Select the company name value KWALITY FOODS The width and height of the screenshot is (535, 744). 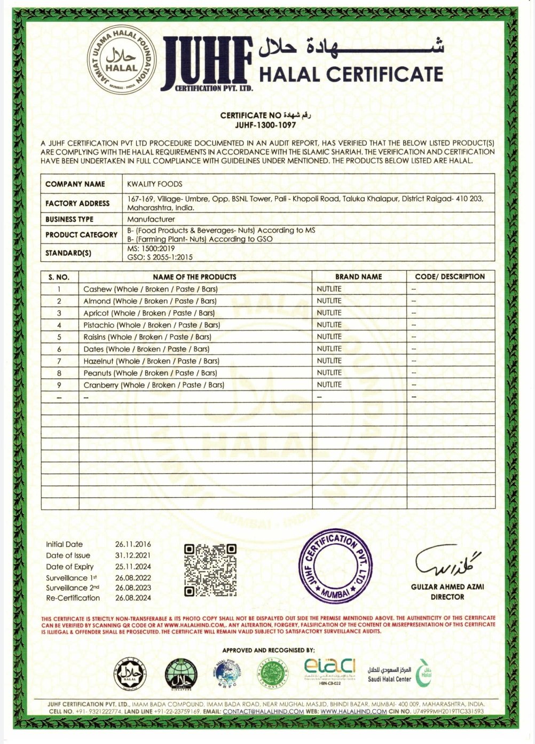(x=154, y=184)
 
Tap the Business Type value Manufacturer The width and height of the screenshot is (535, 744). (x=151, y=219)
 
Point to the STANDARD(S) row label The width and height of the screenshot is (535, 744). (x=68, y=253)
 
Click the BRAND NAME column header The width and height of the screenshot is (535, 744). (x=358, y=277)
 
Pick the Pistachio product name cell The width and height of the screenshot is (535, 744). (x=152, y=325)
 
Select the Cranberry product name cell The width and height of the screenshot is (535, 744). (x=154, y=385)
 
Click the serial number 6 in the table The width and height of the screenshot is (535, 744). (x=59, y=349)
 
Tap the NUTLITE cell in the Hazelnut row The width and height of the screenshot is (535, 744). (x=329, y=361)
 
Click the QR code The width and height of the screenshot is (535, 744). (x=210, y=570)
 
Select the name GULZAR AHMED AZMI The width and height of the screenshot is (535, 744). (x=447, y=586)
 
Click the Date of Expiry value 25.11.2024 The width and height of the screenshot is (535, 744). (x=133, y=567)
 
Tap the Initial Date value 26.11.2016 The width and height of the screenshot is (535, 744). (x=133, y=544)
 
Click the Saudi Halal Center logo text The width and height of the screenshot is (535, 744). (x=389, y=674)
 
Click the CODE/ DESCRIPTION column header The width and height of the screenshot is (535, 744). (x=450, y=277)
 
